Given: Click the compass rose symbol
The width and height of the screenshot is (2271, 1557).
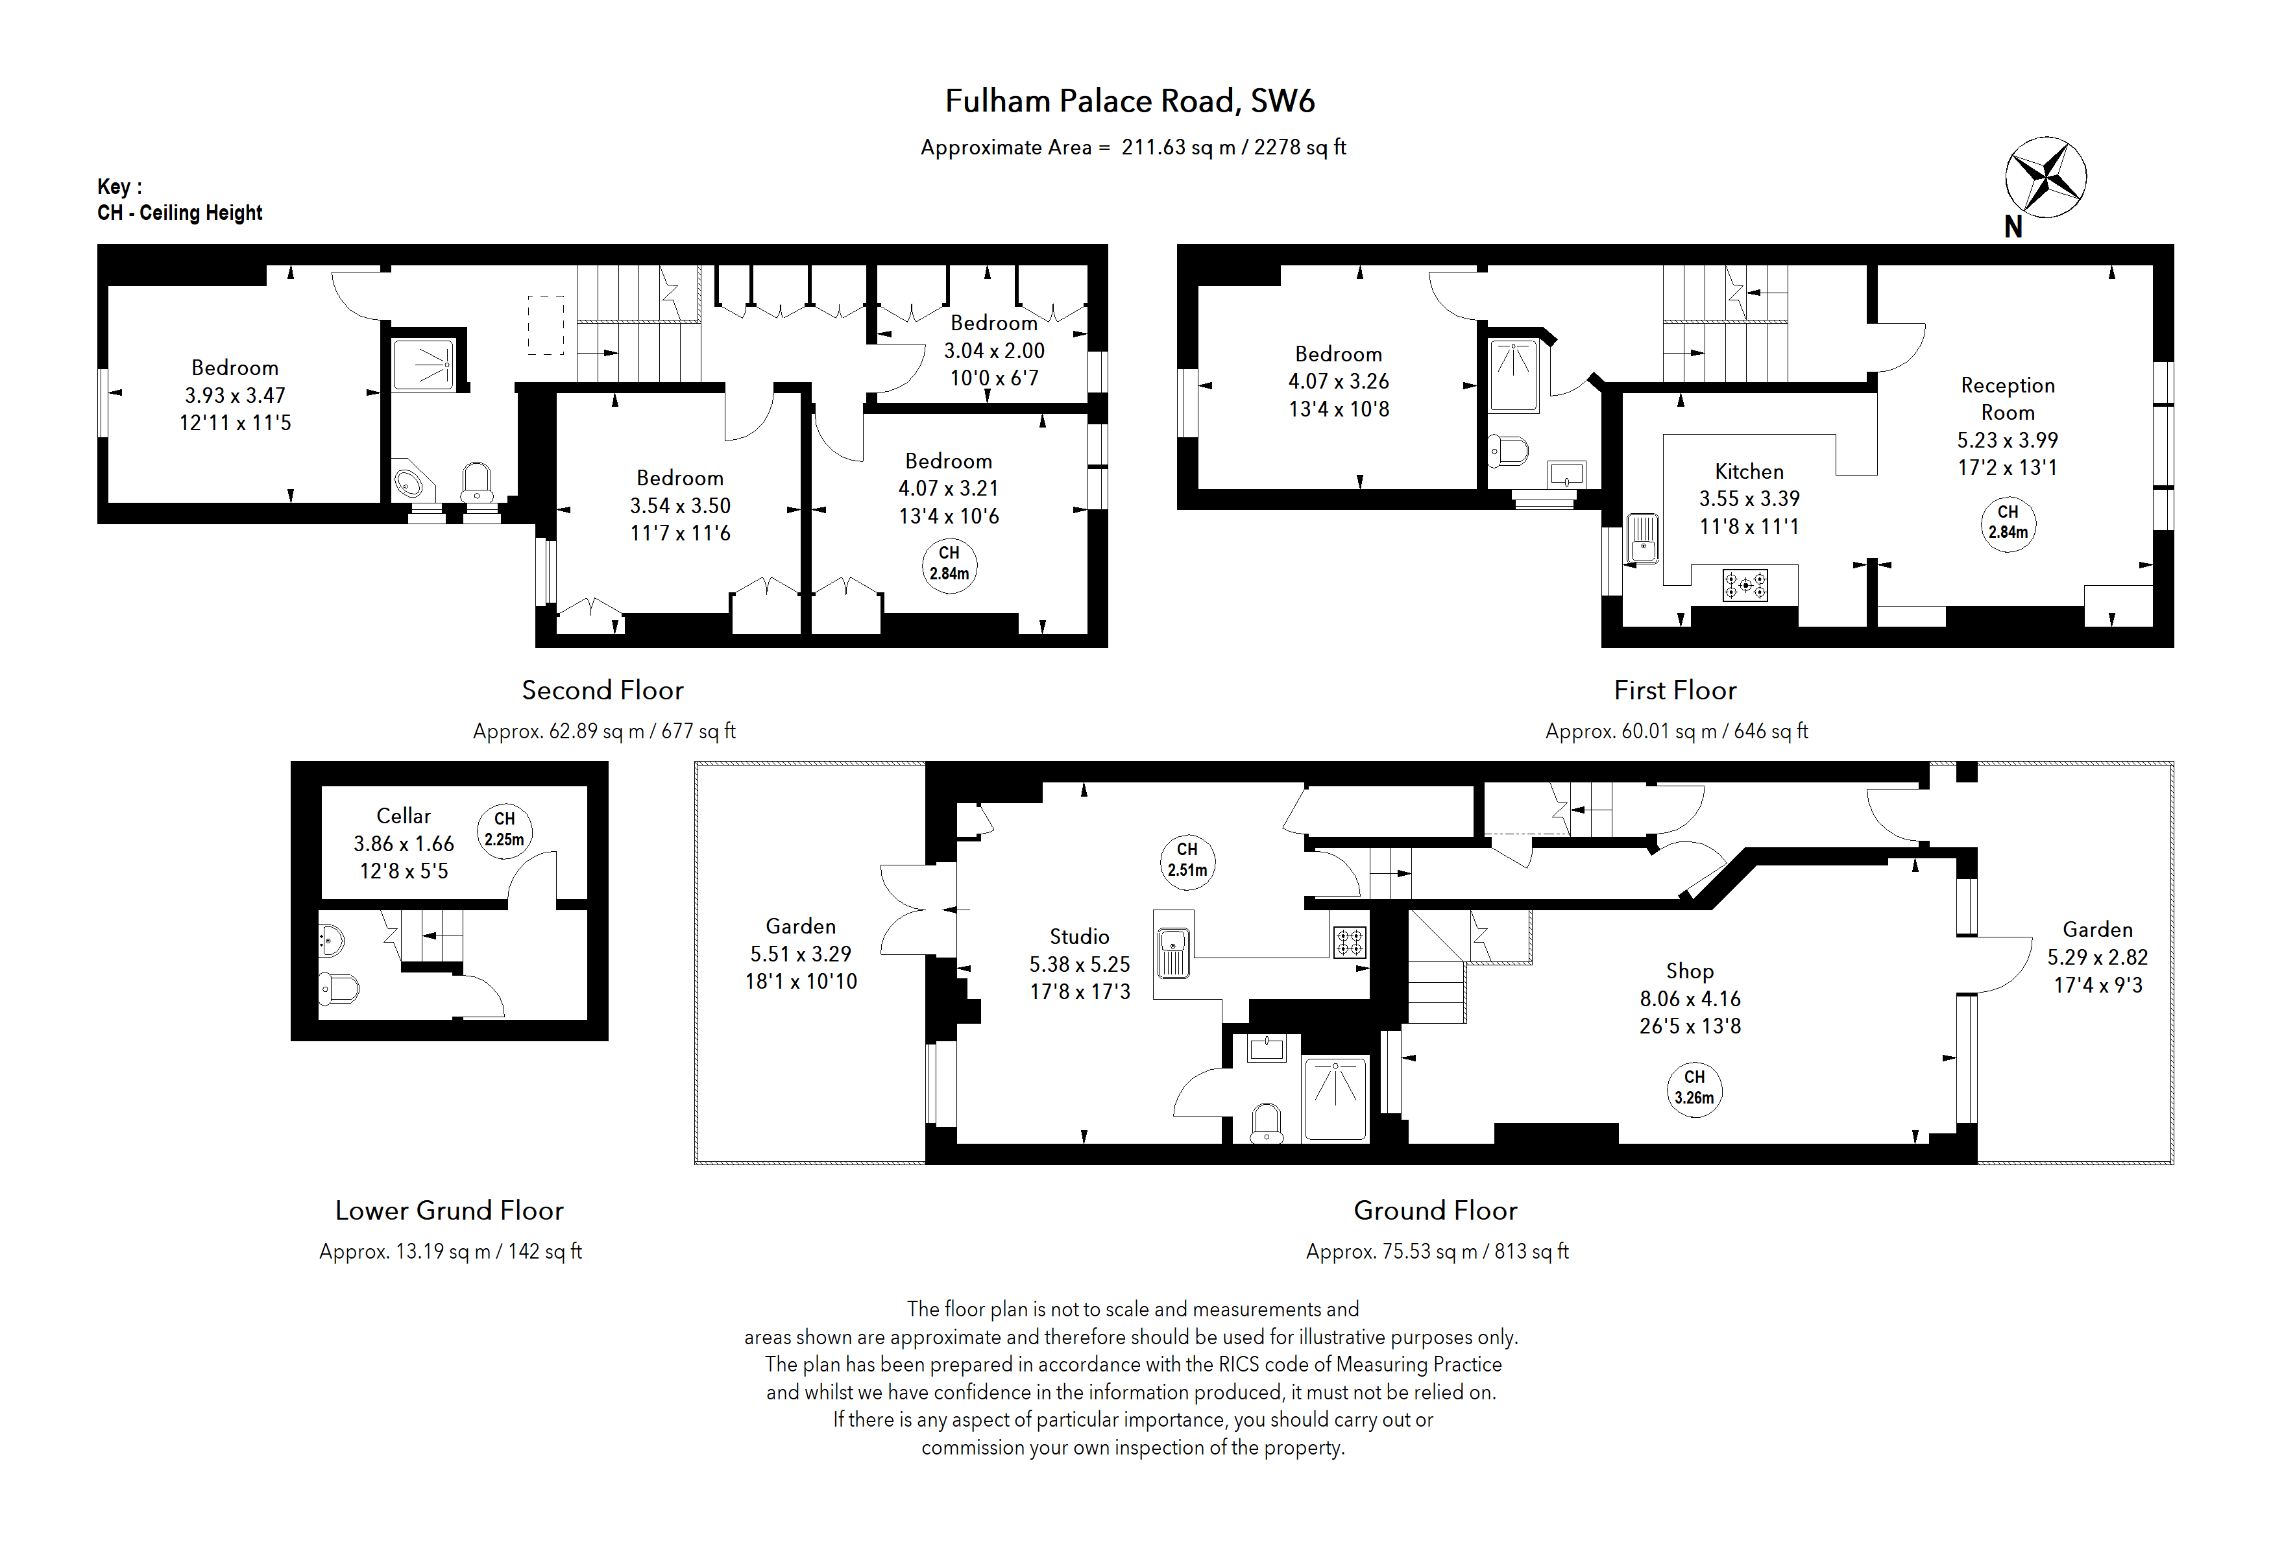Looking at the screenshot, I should click(x=2045, y=178).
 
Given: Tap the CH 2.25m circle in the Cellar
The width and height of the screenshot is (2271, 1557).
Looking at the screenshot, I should click(x=504, y=830).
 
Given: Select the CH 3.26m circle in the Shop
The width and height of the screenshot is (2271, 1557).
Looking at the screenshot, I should click(x=1694, y=1088).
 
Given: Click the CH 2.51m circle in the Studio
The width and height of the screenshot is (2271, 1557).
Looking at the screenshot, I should click(x=1187, y=860).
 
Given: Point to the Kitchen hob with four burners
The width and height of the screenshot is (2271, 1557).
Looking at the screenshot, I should click(x=1744, y=585).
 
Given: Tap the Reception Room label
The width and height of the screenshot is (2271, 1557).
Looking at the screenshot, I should click(x=2007, y=398).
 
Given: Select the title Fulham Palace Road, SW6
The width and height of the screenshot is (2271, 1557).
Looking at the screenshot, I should click(x=1130, y=101).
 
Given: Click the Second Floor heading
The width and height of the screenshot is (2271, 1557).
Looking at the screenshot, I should click(x=602, y=690).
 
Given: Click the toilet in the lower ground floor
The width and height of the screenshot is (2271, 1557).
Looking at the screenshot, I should click(x=338, y=989).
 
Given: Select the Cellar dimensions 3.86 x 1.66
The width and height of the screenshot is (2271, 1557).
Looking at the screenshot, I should click(x=404, y=843).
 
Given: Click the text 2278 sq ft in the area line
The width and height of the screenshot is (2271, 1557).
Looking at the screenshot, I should click(x=1300, y=147).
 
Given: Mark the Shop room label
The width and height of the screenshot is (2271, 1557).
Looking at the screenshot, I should click(x=1690, y=971).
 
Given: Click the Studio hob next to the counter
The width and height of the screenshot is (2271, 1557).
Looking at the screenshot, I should click(x=1350, y=941).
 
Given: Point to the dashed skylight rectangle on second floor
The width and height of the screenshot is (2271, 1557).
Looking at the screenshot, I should click(x=546, y=325).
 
